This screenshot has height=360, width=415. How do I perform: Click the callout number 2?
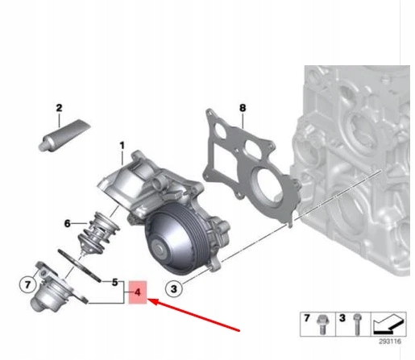point(58,108)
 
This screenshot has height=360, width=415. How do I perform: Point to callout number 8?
point(242,107)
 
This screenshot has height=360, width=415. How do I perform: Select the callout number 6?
point(68,223)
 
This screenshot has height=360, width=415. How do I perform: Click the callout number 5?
point(116,283)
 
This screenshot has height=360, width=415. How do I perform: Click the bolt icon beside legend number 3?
point(355,325)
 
